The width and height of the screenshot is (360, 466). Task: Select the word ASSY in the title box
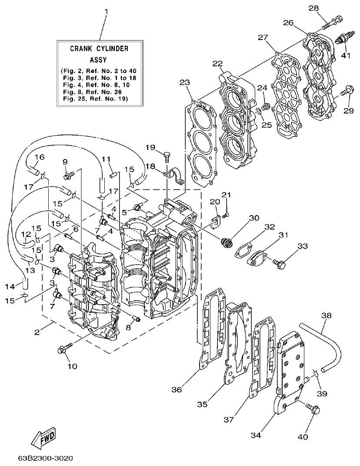click(x=98, y=60)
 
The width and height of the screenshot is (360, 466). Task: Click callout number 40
click(x=314, y=436)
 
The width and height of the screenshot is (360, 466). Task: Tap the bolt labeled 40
click(x=313, y=409)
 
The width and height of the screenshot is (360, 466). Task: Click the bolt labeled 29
click(x=346, y=92)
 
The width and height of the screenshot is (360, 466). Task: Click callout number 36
click(x=176, y=389)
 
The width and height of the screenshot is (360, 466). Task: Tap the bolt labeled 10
click(x=63, y=349)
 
